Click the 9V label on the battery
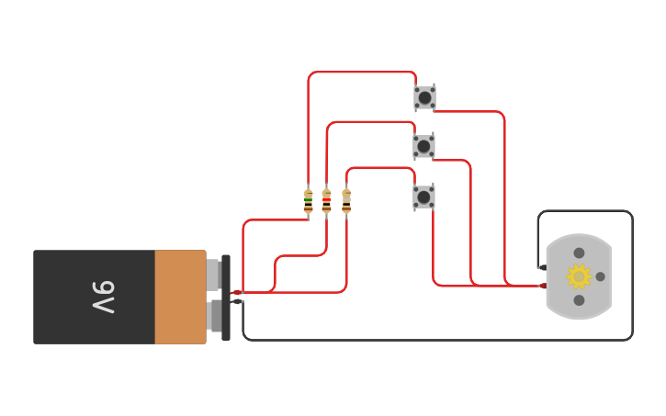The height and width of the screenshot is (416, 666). tap(103, 298)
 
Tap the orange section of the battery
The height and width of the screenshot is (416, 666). tap(180, 297)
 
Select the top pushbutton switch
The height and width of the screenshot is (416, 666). tap(424, 97)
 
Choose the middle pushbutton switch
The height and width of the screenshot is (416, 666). tap(423, 146)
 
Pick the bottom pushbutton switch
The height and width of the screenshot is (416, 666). tap(423, 197)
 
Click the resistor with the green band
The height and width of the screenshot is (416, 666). tap(308, 201)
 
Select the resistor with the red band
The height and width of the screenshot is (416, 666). tap(326, 201)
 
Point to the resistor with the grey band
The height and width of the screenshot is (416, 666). tap(346, 201)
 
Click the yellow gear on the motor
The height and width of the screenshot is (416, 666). tap(579, 275)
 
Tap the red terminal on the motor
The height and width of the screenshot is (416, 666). tap(543, 286)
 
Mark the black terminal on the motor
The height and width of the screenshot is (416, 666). tap(542, 267)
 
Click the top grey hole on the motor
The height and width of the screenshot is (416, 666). tap(579, 253)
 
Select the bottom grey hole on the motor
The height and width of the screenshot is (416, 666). tap(579, 300)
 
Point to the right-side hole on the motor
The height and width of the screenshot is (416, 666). tap(600, 276)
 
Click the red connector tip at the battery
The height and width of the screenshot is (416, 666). tap(236, 293)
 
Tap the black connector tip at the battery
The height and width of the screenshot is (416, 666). tap(237, 301)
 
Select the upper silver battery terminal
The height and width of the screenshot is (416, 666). tap(213, 274)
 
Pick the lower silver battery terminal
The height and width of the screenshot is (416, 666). tap(215, 315)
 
